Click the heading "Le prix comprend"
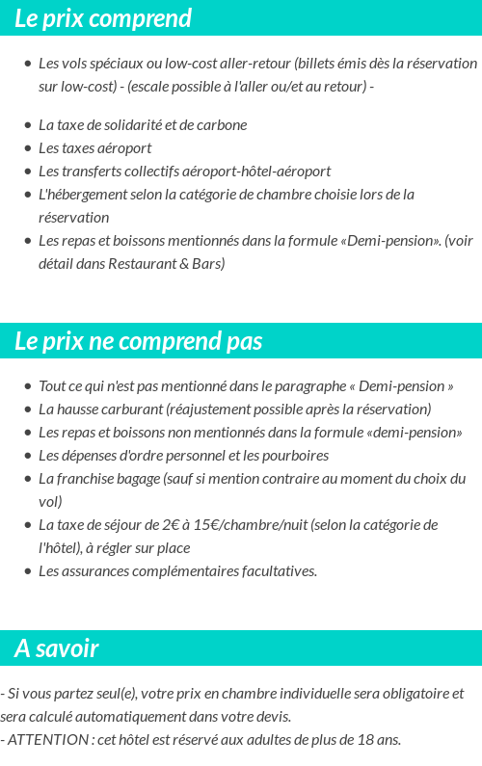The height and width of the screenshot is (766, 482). pos(103,18)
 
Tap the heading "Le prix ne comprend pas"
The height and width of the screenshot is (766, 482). pos(139,342)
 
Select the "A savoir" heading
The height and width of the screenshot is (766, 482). pos(57,648)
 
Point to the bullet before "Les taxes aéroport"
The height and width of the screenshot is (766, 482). pos(28,148)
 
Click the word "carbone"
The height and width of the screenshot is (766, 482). pos(223,125)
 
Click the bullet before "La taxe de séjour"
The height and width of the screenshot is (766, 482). pos(28,525)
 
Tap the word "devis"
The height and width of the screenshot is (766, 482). pos(273,717)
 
